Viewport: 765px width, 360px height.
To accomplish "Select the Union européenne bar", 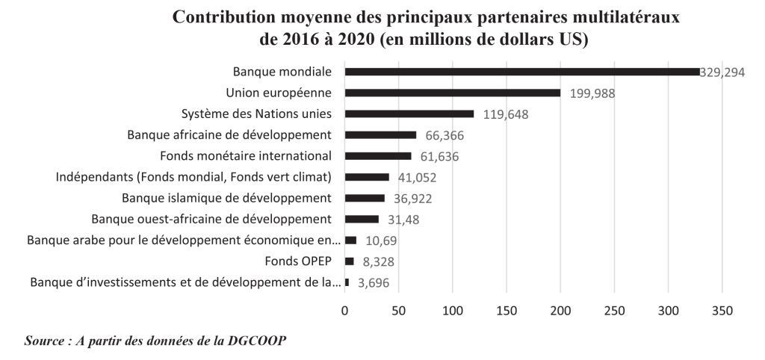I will point(452,93).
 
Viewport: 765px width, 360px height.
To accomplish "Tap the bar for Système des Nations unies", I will point(409,114).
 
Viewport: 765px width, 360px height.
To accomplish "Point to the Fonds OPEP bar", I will point(349,261).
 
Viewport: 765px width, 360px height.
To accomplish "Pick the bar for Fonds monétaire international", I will point(377,156).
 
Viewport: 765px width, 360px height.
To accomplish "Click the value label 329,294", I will point(722,72).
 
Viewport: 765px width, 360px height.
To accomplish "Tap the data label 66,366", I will point(442,135).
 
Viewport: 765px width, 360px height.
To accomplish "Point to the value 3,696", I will point(374,283).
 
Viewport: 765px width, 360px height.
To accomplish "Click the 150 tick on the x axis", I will point(506,311).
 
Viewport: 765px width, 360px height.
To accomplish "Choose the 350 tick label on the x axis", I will point(722,311).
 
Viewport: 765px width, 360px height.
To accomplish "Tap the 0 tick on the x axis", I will point(344,311).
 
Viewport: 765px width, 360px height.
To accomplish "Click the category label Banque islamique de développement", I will point(226,198).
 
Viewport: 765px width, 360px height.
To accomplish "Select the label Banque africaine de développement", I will point(229,134).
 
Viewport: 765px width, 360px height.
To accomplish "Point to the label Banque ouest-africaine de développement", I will point(211,219).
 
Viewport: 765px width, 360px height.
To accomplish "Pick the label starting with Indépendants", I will point(193,177).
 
